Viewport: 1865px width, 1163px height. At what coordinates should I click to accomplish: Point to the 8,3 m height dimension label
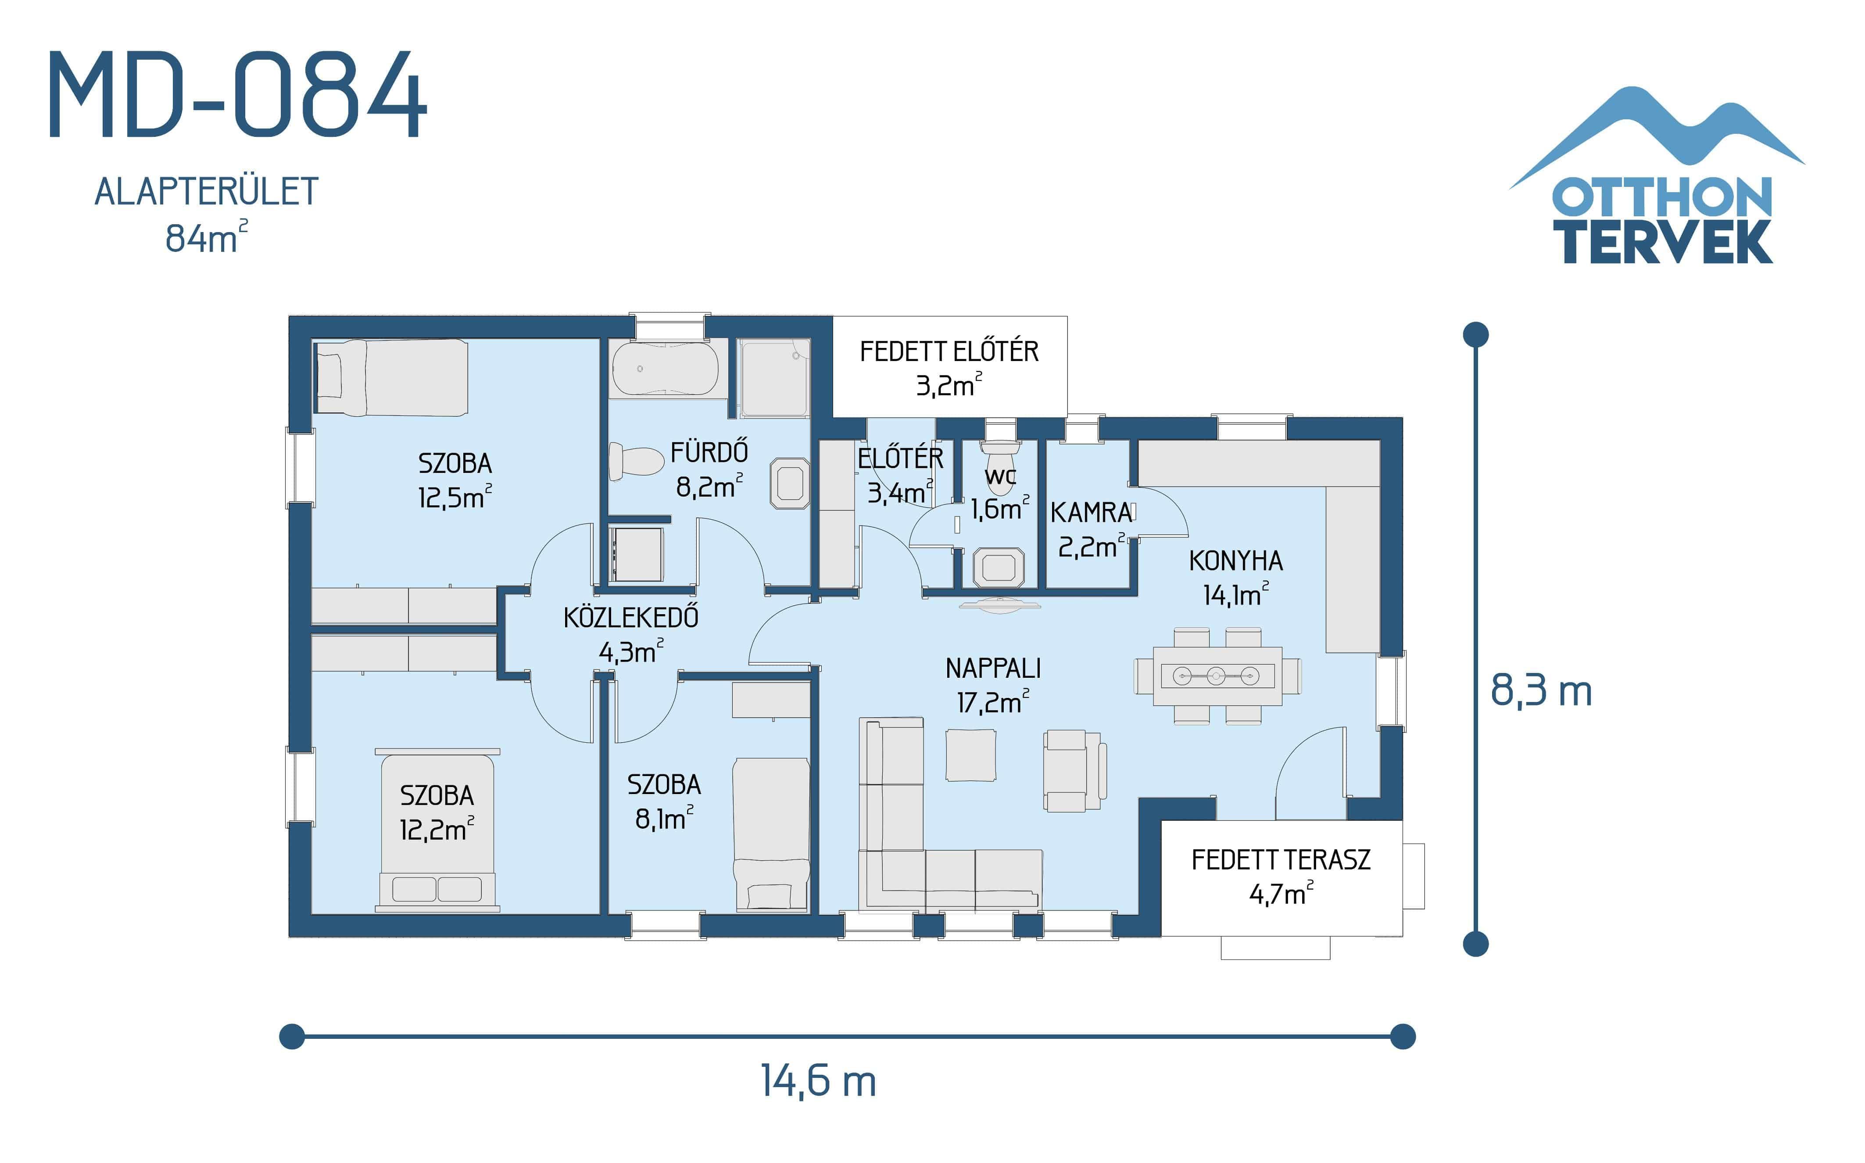pyautogui.click(x=1540, y=690)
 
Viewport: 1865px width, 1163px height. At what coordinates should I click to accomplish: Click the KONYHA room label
pyautogui.click(x=1235, y=561)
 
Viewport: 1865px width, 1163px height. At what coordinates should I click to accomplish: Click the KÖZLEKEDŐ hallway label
pyautogui.click(x=630, y=618)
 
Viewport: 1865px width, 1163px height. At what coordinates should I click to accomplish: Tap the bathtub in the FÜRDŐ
pyautogui.click(x=665, y=369)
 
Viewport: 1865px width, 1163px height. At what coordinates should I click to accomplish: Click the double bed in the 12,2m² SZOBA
pyautogui.click(x=437, y=831)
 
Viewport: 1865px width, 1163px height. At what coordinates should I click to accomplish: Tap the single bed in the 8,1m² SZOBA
pyautogui.click(x=770, y=834)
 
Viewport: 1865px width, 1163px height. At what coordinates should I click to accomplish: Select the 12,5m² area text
pyautogui.click(x=454, y=497)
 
